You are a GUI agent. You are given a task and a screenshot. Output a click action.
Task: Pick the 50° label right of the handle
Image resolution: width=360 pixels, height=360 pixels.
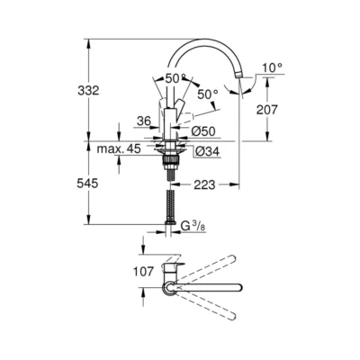coord(207,94)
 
